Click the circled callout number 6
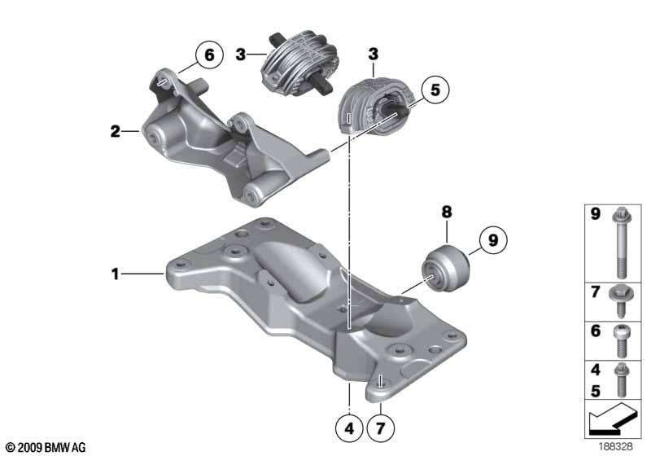[209, 55]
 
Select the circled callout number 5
[435, 90]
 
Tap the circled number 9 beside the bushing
[492, 240]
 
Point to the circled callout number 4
[349, 428]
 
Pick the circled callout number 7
[380, 428]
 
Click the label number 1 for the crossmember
[116, 274]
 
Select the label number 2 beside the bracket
[115, 132]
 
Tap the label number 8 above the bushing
[446, 213]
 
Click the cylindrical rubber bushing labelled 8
[445, 268]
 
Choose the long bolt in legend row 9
[621, 243]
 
